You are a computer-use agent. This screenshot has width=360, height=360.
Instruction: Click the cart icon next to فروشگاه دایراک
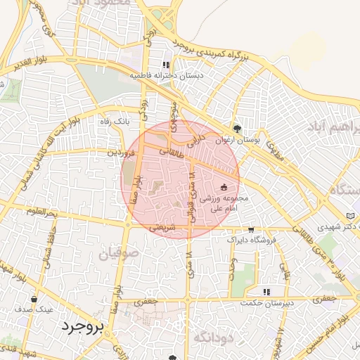(251, 230)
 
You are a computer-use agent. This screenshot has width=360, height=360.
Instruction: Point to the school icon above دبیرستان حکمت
(266, 292)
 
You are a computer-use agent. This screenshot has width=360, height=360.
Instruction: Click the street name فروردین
(120, 152)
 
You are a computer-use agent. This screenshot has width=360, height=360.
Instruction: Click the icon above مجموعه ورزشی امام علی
(224, 187)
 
